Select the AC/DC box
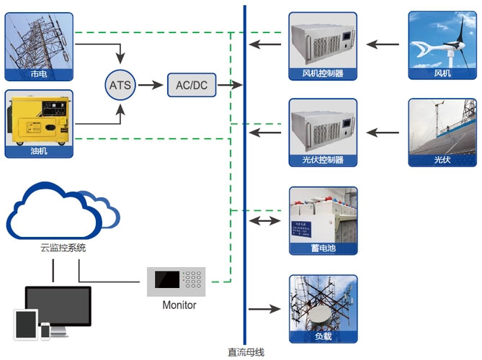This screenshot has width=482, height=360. click(191, 85)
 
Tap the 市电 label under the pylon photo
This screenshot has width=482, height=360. click(39, 73)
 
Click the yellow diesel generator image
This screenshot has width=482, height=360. click(39, 120)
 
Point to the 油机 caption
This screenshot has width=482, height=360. click(39, 152)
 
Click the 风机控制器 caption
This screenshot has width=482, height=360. click(323, 73)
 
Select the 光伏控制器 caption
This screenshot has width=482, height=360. click(323, 160)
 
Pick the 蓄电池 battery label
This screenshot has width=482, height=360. click(323, 248)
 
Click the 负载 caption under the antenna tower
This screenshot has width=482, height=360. click(323, 336)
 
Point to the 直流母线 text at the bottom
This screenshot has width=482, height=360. click(246, 352)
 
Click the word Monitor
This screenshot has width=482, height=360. click(179, 305)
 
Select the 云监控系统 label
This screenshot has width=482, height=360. click(63, 248)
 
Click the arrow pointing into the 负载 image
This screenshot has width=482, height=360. click(265, 309)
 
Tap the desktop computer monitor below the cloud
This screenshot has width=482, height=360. click(58, 307)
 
